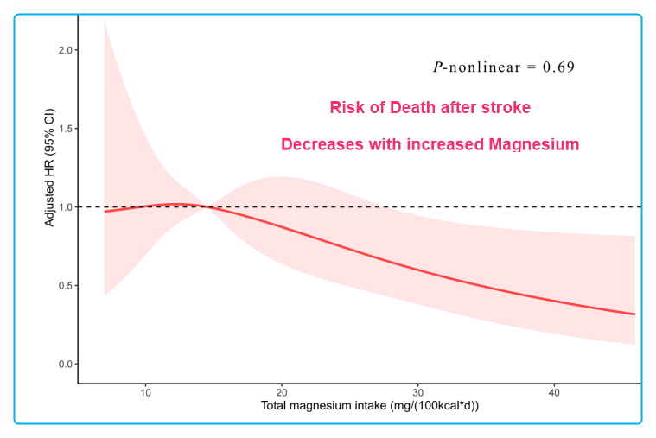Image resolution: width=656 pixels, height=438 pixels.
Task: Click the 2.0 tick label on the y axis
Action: [x=64, y=50]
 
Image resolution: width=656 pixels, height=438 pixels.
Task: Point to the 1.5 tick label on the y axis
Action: [x=64, y=129]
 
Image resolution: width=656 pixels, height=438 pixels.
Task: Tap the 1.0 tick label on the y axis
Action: [x=64, y=207]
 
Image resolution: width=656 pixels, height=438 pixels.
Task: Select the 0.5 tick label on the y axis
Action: [x=64, y=286]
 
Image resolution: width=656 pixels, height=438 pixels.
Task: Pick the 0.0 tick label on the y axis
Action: [x=64, y=365]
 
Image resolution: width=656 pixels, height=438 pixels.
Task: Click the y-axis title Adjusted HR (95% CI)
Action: [x=50, y=168]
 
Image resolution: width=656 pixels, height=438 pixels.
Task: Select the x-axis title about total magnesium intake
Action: [x=360, y=405]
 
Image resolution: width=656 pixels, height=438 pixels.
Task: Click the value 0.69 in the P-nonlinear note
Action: [x=558, y=67]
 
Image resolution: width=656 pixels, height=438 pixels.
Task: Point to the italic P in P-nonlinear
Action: [x=437, y=67]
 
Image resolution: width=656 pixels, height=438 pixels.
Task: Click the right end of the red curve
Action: [x=635, y=314]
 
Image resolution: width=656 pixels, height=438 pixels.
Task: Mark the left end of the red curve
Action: [x=105, y=211]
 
